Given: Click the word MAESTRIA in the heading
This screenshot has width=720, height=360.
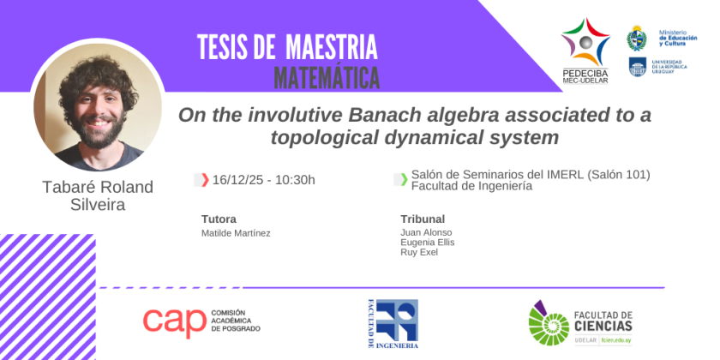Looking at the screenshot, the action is click(x=331, y=47).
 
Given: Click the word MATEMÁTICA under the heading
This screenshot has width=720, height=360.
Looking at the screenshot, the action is click(x=327, y=78).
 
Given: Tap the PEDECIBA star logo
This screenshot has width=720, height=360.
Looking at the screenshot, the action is click(x=585, y=42).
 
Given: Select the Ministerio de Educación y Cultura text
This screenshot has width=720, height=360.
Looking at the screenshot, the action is click(x=678, y=38).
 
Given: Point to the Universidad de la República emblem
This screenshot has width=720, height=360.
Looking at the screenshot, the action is click(x=638, y=67).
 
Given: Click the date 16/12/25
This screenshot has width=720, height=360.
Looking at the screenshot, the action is click(x=238, y=180).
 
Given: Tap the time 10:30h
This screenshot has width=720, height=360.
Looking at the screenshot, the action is click(x=295, y=180).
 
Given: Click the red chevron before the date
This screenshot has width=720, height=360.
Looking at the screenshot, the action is click(x=205, y=180).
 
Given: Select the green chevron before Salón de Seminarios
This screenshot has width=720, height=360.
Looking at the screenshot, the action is click(x=404, y=179).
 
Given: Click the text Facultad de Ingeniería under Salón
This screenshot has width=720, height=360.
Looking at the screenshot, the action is click(x=471, y=186).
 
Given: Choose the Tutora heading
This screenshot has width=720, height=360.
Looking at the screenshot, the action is click(x=219, y=219).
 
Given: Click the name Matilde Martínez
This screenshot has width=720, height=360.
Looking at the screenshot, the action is click(x=236, y=233).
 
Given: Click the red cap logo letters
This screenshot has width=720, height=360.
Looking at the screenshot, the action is click(x=174, y=322).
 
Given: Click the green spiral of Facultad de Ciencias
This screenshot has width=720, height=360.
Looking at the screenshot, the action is click(x=549, y=324).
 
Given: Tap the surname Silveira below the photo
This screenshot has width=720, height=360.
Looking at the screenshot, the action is click(x=98, y=204).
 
